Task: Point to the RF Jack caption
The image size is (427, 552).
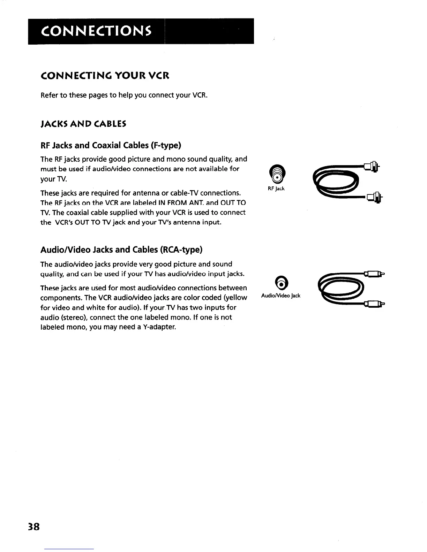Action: pyautogui.click(x=276, y=189)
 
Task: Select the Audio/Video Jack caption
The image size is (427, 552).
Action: pyautogui.click(x=280, y=296)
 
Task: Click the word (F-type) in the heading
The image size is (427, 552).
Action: pyautogui.click(x=163, y=145)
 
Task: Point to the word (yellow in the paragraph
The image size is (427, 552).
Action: pyautogui.click(x=235, y=298)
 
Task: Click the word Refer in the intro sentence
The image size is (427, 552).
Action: pyautogui.click(x=49, y=95)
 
